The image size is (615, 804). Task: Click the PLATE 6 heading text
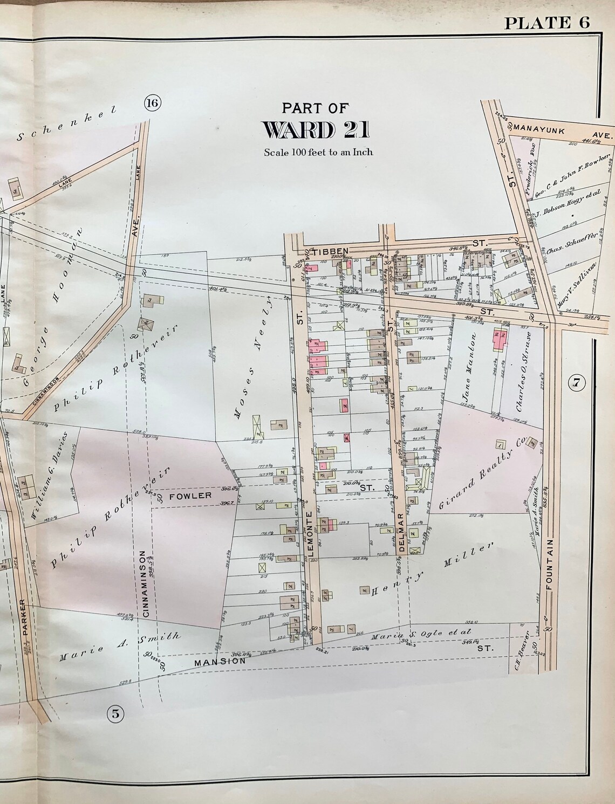pos(546,22)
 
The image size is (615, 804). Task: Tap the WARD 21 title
pos(316,129)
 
